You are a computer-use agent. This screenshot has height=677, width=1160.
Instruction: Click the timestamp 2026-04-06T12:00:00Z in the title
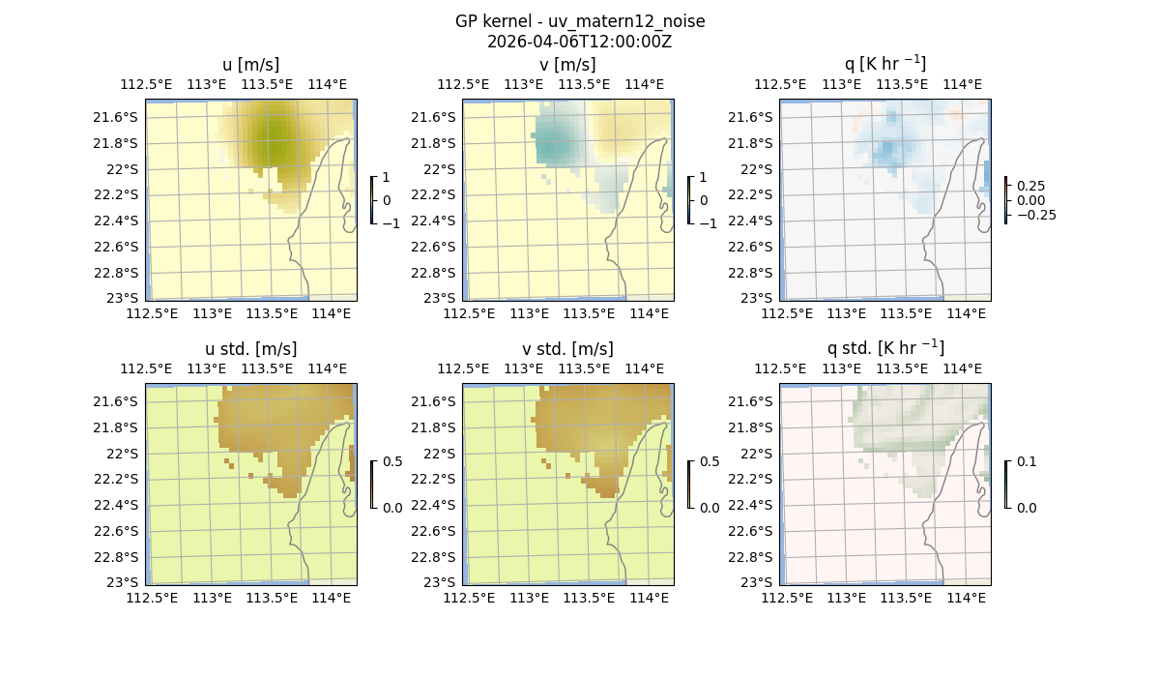point(579,42)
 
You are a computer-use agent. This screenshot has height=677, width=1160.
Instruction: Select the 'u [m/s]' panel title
point(251,65)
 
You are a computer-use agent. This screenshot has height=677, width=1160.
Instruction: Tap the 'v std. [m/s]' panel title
point(567,349)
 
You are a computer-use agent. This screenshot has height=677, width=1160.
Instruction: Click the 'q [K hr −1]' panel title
point(884,64)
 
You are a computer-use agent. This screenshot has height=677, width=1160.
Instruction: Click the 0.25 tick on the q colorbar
point(1029,185)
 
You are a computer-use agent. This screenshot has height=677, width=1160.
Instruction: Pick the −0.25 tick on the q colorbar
point(1034,215)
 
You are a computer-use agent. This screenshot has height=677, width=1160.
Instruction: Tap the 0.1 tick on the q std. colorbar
point(1026,462)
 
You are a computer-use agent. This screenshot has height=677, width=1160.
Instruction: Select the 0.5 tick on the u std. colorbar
point(392,462)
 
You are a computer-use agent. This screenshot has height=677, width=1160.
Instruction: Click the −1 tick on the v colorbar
point(708,223)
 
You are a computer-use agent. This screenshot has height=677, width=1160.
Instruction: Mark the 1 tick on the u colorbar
point(387,178)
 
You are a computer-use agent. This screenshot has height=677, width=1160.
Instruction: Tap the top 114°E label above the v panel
point(645,84)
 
